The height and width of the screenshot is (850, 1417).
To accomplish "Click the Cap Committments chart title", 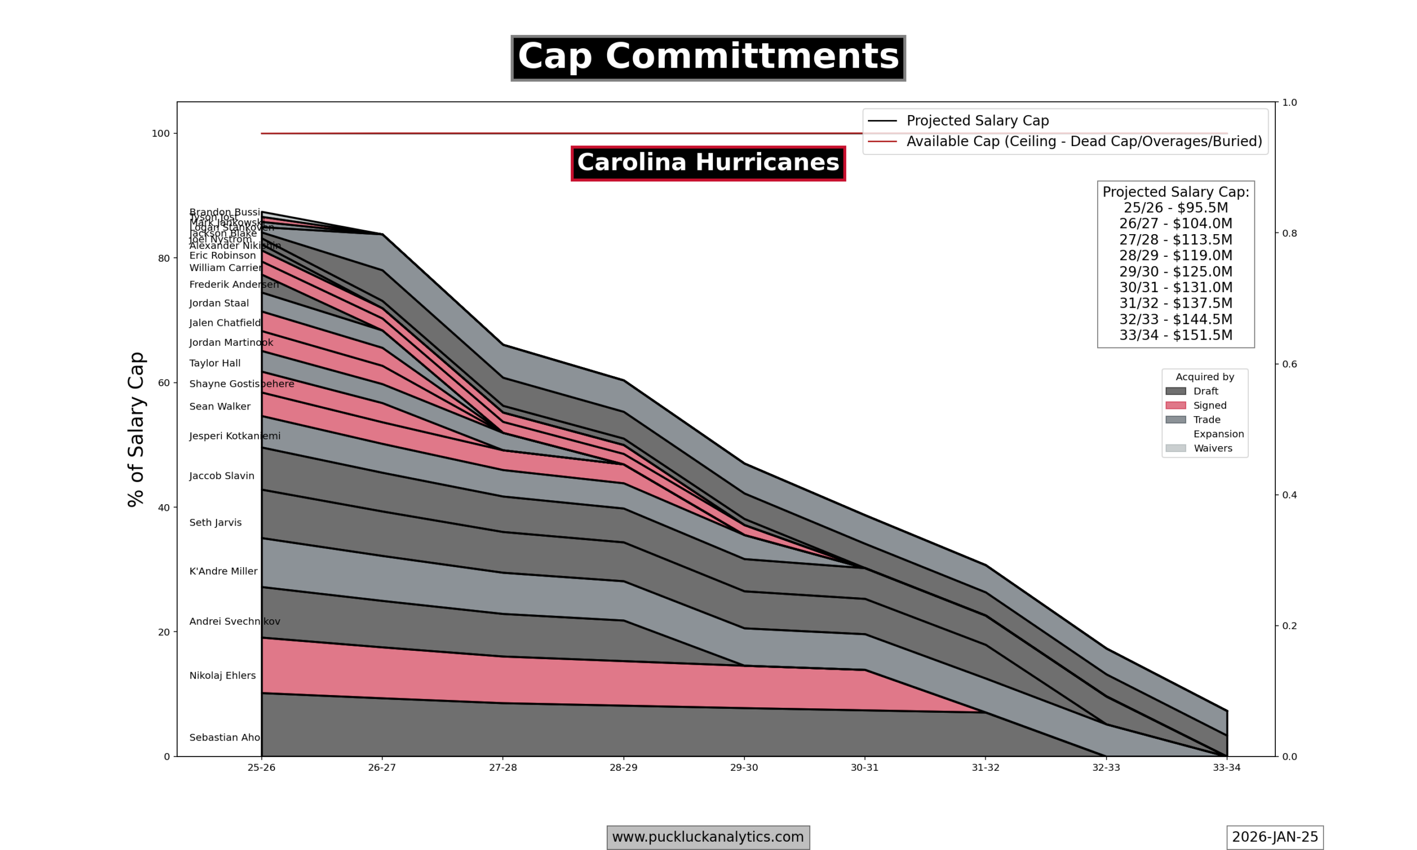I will pos(708,58).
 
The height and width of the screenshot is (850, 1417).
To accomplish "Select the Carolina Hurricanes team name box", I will pos(708,163).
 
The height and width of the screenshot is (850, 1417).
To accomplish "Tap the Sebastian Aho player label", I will pos(225,738).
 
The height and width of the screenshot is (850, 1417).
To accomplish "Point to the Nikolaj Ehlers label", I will pos(222,676).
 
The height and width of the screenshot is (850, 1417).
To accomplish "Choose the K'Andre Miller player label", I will pos(224,572).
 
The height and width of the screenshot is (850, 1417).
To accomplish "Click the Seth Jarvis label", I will pos(215,523).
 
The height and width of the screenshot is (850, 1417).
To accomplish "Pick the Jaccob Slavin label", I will pos(221,476).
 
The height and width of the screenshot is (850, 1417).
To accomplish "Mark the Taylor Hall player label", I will pos(215,364).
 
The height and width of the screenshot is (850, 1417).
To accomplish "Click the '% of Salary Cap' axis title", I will pos(136,429).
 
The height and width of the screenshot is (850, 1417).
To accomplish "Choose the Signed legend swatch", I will pos(1175,406).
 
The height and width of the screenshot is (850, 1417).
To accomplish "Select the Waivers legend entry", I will pos(1213,448).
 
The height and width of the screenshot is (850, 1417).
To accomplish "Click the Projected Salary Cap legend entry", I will pos(977,121).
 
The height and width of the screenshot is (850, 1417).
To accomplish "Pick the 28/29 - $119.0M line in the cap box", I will pos(1175,256).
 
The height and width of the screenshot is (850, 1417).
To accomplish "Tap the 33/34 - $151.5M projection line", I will pos(1175,335).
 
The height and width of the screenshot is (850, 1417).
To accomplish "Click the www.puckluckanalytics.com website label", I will pos(708,837).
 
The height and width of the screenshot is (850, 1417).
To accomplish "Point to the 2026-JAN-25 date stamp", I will pos(1274,837).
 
